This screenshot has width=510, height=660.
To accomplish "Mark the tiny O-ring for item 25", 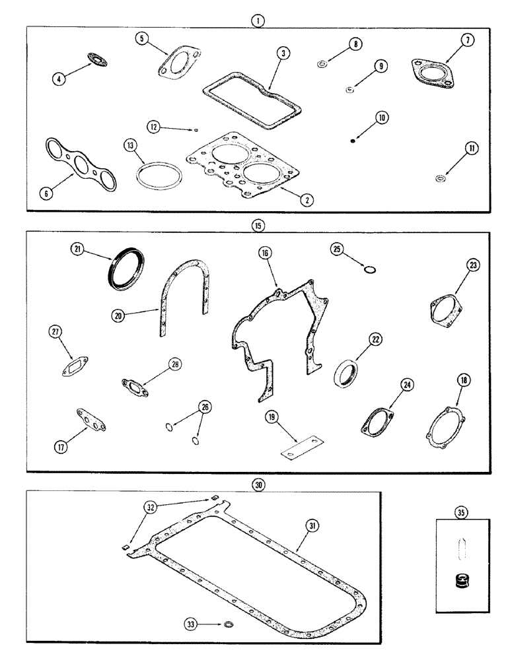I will pyautogui.click(x=371, y=270).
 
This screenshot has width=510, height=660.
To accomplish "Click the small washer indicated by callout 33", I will pyautogui.click(x=228, y=624).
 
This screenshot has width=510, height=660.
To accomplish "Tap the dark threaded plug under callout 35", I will pyautogui.click(x=460, y=583).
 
